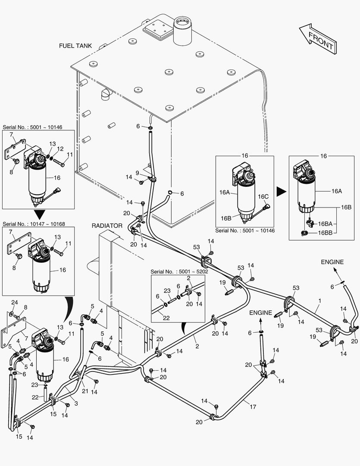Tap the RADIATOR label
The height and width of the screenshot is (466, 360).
point(107,226)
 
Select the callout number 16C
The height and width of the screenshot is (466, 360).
point(263,196)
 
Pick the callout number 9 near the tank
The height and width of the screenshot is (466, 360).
point(137,173)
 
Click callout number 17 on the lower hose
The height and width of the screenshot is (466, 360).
point(253,406)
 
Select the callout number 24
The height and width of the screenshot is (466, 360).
point(15,302)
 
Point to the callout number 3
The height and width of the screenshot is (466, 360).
point(76,403)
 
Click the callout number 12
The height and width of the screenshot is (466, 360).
point(60,149)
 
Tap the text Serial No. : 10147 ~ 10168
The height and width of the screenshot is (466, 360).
point(34,224)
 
